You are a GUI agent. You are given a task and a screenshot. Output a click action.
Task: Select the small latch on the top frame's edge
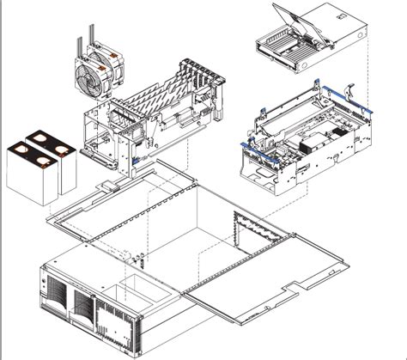point(106,186)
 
